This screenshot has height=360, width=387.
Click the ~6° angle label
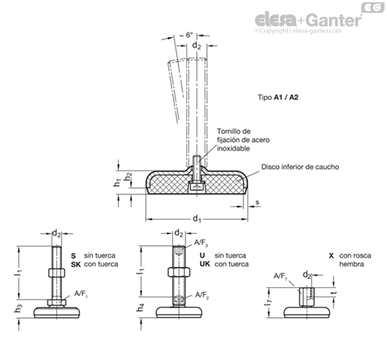pyautogui.click(x=186, y=35)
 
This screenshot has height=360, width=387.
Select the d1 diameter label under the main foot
pyautogui.click(x=197, y=219)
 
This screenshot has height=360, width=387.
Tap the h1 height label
pyautogui.click(x=117, y=182)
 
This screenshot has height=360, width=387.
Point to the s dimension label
pyautogui.click(x=257, y=202)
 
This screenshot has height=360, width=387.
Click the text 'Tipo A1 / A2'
pyautogui.click(x=278, y=98)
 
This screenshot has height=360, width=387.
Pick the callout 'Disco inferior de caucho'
pyautogui.click(x=300, y=167)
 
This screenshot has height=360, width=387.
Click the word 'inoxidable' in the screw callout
pyautogui.click(x=233, y=148)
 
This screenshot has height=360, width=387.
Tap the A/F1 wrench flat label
pyautogui.click(x=81, y=294)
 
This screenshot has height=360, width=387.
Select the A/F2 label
pyautogui.click(x=201, y=295)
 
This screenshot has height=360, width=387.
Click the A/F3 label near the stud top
pyautogui.click(x=201, y=243)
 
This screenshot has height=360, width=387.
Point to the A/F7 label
pyautogui.click(x=280, y=277)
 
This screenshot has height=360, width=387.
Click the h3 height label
pyautogui.click(x=18, y=308)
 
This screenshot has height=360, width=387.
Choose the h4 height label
pyautogui.click(x=140, y=308)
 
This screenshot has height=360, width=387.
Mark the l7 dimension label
pyautogui.click(x=268, y=302)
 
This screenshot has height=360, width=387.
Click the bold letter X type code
pyautogui.click(x=331, y=255)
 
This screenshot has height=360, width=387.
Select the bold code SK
pyautogui.click(x=75, y=264)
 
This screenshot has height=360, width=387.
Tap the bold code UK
pyautogui.click(x=205, y=264)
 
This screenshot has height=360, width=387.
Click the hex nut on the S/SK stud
pyautogui.click(x=56, y=273)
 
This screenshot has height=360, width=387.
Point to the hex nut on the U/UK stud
pyautogui.click(x=178, y=272)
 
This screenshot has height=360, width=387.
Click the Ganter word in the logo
pyautogui.click(x=334, y=20)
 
